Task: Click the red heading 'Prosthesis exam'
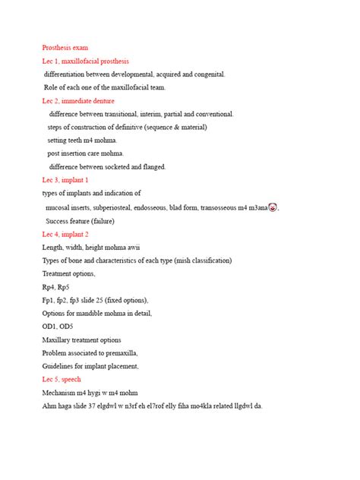[x=65, y=48]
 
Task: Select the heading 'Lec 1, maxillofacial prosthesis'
[x=85, y=61]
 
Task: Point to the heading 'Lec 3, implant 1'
[x=65, y=180]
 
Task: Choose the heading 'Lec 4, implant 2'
[x=65, y=234]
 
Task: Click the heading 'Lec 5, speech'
[x=62, y=379]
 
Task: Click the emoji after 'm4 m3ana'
[x=273, y=207]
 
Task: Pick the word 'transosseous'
[x=219, y=207]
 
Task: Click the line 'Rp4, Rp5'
[x=55, y=287]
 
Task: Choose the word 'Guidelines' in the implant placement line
[x=59, y=366]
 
